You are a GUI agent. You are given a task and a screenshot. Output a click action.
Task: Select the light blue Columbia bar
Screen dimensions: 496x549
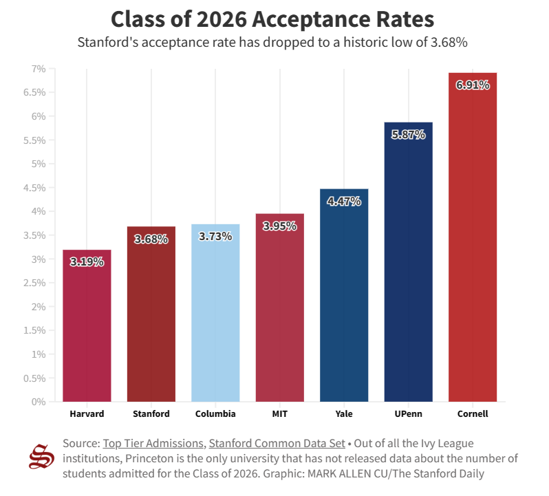pyautogui.click(x=215, y=313)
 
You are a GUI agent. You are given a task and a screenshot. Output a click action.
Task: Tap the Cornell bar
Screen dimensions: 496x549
pyautogui.click(x=472, y=237)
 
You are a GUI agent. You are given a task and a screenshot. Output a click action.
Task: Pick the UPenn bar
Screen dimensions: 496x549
pyautogui.click(x=408, y=261)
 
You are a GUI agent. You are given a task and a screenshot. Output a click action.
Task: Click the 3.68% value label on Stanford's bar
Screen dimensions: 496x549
pyautogui.click(x=151, y=239)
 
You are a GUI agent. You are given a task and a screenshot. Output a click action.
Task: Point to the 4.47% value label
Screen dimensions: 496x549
pyautogui.click(x=344, y=202)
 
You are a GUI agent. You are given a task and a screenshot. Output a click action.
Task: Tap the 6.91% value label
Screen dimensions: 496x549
pyautogui.click(x=472, y=85)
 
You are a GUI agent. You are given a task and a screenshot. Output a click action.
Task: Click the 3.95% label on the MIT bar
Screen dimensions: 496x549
pyautogui.click(x=279, y=226)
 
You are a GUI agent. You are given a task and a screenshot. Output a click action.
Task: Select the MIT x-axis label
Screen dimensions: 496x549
pyautogui.click(x=279, y=414)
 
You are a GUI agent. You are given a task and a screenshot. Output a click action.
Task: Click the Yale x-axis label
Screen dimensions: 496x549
pyautogui.click(x=344, y=414)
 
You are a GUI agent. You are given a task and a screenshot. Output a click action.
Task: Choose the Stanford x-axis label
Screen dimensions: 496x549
pyautogui.click(x=151, y=414)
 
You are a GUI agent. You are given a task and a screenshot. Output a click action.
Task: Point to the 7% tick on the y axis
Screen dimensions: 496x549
pyautogui.click(x=38, y=69)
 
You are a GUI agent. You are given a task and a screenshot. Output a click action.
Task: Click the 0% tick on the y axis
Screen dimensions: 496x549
pyautogui.click(x=38, y=402)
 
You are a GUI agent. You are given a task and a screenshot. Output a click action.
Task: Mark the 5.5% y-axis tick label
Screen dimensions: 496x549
pyautogui.click(x=35, y=140)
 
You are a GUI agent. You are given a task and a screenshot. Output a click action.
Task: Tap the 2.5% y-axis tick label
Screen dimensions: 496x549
pyautogui.click(x=35, y=283)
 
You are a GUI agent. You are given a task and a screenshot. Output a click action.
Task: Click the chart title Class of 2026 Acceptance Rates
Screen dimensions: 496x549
pyautogui.click(x=272, y=19)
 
